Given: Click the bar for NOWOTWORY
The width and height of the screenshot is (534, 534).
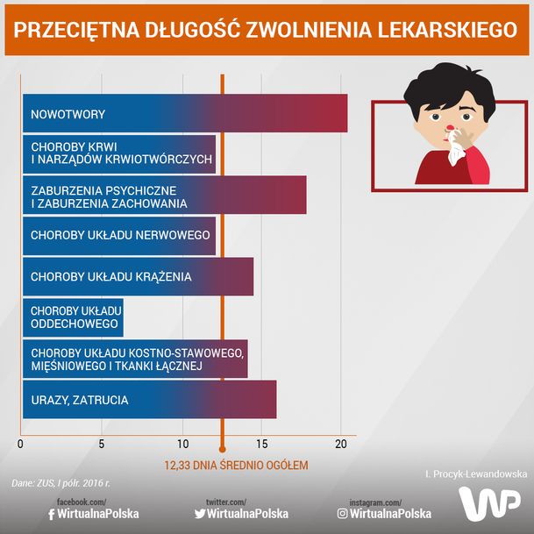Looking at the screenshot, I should (184, 114).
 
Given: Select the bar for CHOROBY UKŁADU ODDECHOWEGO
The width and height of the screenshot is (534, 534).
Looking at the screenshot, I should (73, 317).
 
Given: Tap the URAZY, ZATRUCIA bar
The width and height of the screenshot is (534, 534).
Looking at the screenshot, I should (149, 400).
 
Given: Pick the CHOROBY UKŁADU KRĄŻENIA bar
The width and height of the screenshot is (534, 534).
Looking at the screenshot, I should (138, 276).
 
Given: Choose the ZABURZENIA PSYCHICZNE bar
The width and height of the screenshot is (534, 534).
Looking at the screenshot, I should (164, 196).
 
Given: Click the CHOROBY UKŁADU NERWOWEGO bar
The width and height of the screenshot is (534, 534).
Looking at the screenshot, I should (119, 235).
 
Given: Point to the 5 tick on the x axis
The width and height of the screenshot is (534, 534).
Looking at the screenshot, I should (102, 444).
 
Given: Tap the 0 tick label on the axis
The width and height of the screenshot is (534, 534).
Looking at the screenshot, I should (20, 444).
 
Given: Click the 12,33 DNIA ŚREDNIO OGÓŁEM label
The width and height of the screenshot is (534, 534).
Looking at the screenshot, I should (237, 465).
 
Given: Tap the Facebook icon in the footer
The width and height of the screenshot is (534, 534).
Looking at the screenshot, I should (51, 514).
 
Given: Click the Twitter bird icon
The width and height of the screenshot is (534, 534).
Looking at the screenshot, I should (199, 514).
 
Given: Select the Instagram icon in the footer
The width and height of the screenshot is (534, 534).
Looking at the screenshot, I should (342, 514).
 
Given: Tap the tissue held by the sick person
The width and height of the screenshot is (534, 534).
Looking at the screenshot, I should (455, 153).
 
